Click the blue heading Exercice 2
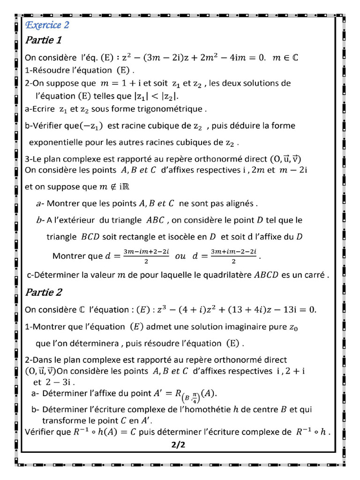click(47, 25)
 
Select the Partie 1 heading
click(43, 40)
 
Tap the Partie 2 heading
click(43, 292)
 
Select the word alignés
click(240, 203)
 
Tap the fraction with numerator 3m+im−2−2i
click(234, 256)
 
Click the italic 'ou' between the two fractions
click(180, 256)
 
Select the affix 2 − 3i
click(51, 382)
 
